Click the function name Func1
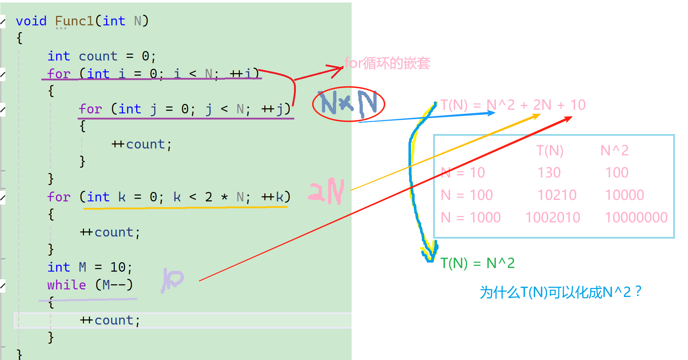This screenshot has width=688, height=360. coord(74,21)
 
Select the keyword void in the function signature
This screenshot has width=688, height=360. coord(31,21)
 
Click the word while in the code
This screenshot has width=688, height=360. coord(67,285)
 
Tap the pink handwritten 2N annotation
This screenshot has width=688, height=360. coord(326,191)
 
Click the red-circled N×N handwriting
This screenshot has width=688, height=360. coord(348,104)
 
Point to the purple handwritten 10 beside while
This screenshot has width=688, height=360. coord(173,280)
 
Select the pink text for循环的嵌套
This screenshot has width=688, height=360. coord(387,63)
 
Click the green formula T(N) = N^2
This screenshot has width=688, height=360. coord(477,263)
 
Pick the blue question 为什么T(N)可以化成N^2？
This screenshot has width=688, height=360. coord(561,292)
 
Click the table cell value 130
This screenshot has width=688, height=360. coord(549,173)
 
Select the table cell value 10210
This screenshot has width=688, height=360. coord(557,195)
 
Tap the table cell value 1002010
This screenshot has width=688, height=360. coord(553,218)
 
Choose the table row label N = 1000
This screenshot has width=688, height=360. coord(470,218)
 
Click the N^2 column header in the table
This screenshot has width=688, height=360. coord(614,151)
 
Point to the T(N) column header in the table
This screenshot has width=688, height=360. coord(550,151)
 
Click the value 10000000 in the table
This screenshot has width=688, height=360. coord(636,218)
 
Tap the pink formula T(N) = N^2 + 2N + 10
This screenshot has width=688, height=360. coord(513,105)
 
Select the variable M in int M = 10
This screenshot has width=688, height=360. coord(83,267)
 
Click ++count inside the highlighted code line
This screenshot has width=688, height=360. coord(110,320)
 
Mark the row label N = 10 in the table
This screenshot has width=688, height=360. coord(462,173)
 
